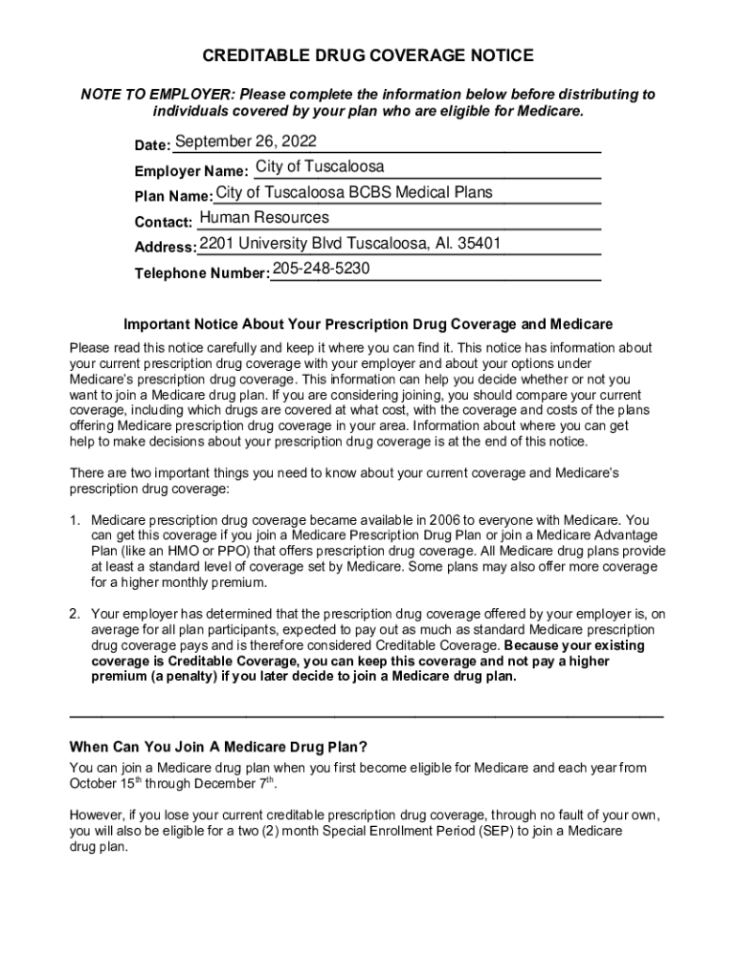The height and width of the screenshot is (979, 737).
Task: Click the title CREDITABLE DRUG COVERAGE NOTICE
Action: [x=368, y=56]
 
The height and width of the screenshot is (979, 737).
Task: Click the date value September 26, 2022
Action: [x=246, y=142]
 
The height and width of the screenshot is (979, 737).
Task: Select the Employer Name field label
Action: [x=191, y=172]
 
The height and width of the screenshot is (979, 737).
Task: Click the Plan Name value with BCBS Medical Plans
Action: [x=354, y=192]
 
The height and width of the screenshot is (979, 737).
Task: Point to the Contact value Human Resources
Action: [x=263, y=218]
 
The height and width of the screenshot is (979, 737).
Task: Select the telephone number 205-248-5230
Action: [x=321, y=269]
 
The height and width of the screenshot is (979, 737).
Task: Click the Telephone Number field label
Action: [x=201, y=273]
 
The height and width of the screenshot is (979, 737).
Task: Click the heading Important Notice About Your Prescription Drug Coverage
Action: [x=368, y=324]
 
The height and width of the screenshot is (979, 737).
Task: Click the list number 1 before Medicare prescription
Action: [x=74, y=521]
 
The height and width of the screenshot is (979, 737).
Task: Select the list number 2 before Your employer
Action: [x=74, y=614]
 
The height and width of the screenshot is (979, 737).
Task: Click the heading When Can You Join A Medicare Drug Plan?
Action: [x=218, y=747]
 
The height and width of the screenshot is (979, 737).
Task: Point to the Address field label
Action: [x=166, y=248]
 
